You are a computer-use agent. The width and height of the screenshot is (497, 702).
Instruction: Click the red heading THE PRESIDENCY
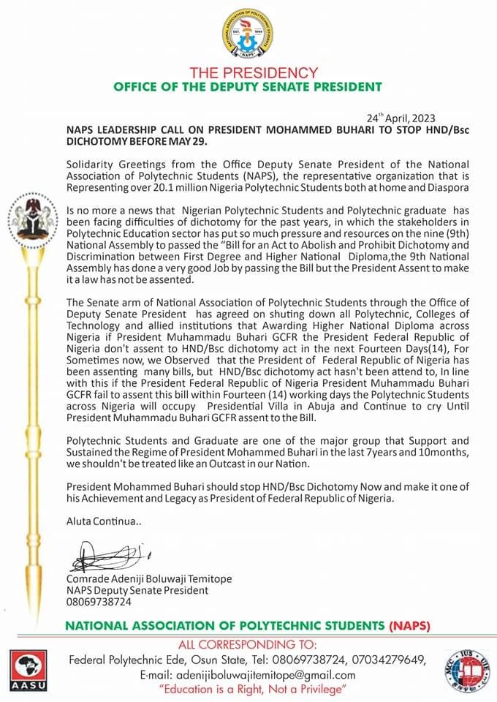pyautogui.click(x=254, y=73)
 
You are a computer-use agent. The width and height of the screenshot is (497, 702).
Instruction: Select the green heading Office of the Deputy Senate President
pyautogui.click(x=248, y=87)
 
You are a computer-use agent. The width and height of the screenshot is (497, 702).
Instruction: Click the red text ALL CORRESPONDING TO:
pyautogui.click(x=248, y=645)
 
